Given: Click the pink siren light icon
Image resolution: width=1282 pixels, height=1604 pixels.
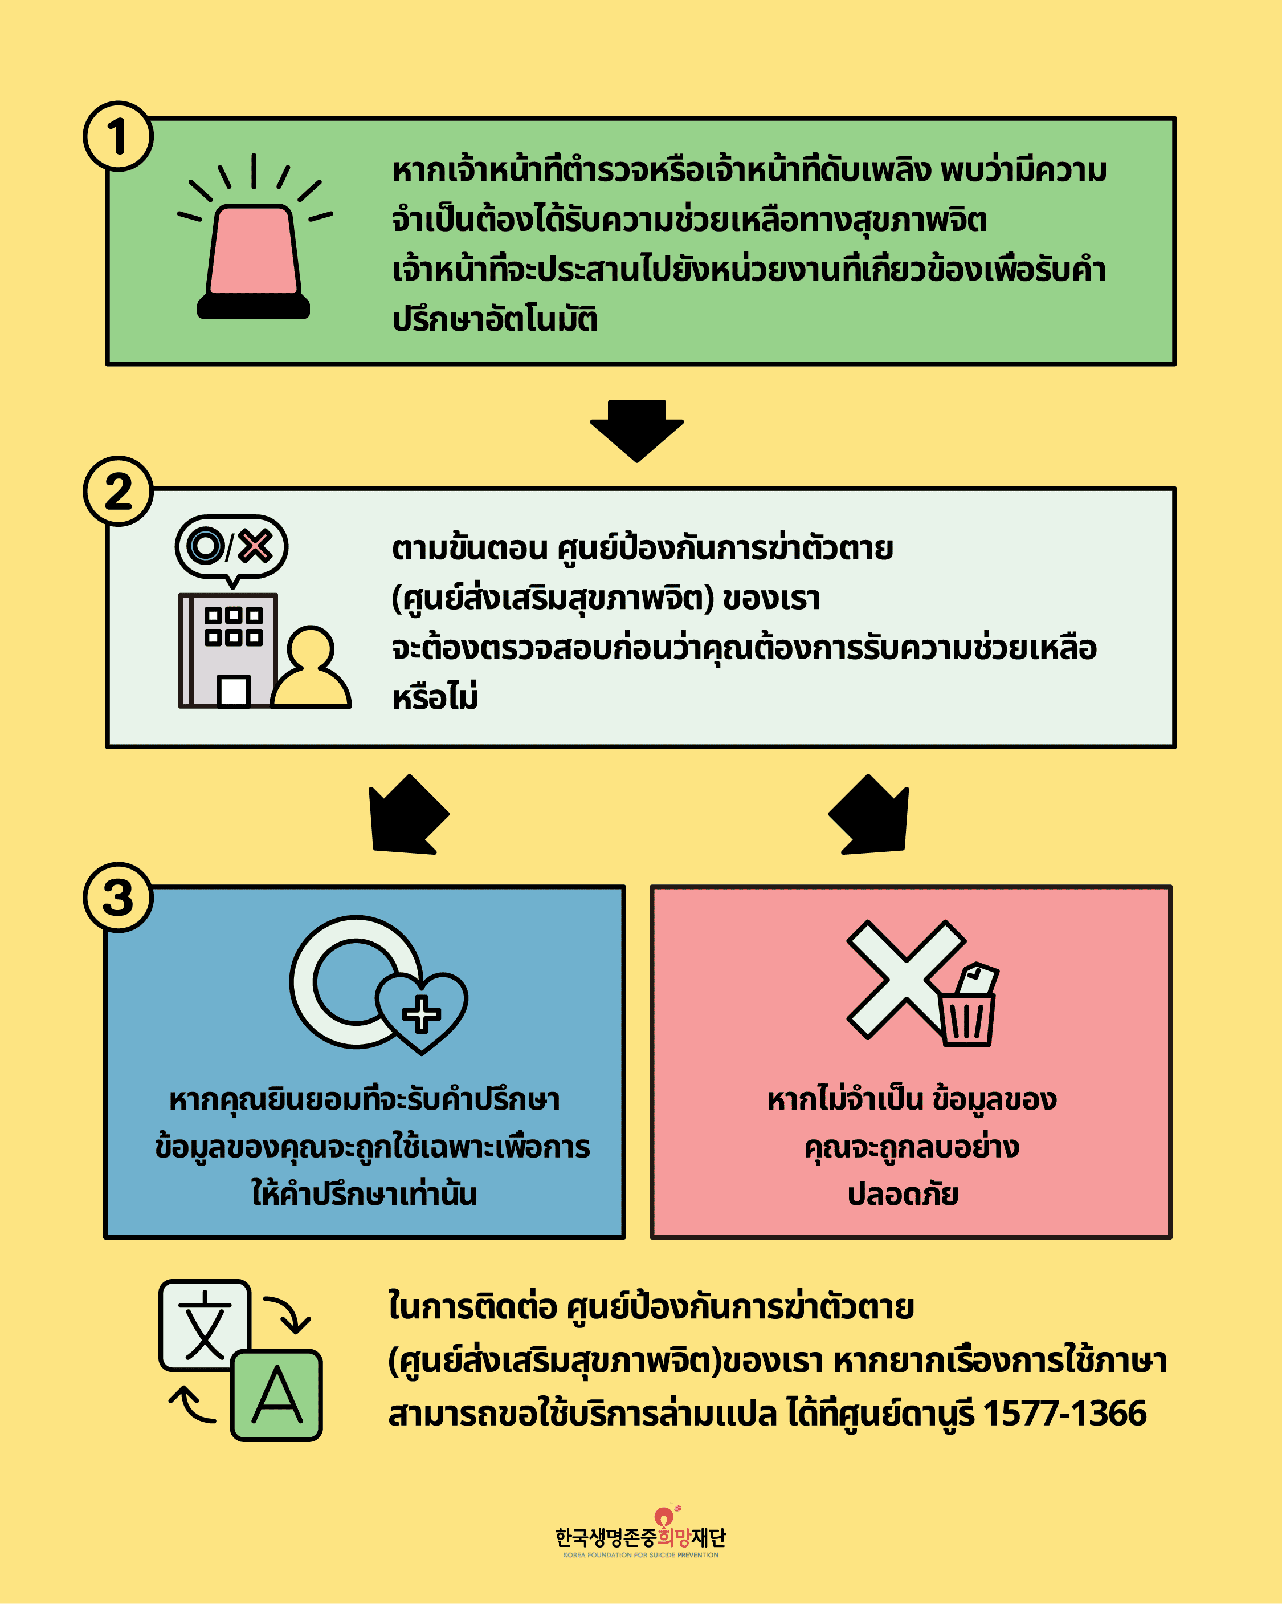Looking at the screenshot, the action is click(254, 236).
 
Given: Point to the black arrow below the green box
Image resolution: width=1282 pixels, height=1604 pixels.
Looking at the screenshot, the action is click(636, 431).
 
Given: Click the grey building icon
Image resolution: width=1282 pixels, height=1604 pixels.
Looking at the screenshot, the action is click(227, 650).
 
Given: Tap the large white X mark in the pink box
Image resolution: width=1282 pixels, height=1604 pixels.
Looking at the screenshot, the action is click(906, 979).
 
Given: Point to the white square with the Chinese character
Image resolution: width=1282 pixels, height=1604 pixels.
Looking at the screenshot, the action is click(205, 1325).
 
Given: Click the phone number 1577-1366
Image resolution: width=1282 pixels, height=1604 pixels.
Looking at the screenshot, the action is click(1065, 1413).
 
